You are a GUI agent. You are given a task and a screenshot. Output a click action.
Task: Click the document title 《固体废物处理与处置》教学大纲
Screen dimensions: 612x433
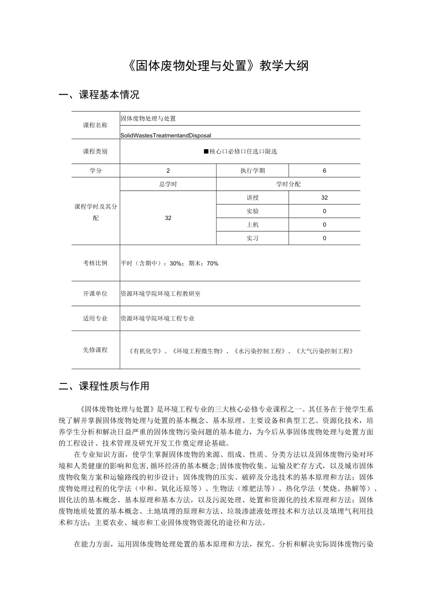(217, 66)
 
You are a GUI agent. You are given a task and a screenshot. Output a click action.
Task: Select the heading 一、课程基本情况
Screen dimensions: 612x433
(99, 95)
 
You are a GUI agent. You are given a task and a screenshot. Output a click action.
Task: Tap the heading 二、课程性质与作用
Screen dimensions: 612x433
(104, 387)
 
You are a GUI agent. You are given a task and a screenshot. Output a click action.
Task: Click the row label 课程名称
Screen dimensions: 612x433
(96, 125)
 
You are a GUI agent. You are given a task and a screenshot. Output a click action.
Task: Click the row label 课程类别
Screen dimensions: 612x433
(96, 151)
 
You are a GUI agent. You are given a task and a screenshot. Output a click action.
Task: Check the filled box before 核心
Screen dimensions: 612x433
(206, 151)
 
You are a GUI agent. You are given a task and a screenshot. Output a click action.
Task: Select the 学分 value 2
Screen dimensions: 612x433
(168, 171)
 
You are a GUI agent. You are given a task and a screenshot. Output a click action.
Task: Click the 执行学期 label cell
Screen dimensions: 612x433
(252, 171)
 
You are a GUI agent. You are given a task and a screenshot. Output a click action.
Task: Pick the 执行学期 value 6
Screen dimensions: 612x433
(324, 171)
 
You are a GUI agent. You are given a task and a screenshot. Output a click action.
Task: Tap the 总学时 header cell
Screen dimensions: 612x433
(168, 184)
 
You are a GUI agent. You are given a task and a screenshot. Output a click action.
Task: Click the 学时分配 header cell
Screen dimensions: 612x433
(288, 184)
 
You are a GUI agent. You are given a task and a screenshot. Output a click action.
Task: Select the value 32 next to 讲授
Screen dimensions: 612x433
(324, 198)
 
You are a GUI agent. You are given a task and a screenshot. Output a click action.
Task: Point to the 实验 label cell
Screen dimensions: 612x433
(252, 211)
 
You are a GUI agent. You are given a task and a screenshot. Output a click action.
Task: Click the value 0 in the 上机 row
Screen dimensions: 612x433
(324, 225)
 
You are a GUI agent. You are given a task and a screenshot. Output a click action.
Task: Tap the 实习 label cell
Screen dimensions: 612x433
(252, 238)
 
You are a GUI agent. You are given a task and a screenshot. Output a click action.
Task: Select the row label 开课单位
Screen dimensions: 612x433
(96, 294)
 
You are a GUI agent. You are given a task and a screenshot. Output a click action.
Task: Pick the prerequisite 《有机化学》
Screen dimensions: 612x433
(147, 351)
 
